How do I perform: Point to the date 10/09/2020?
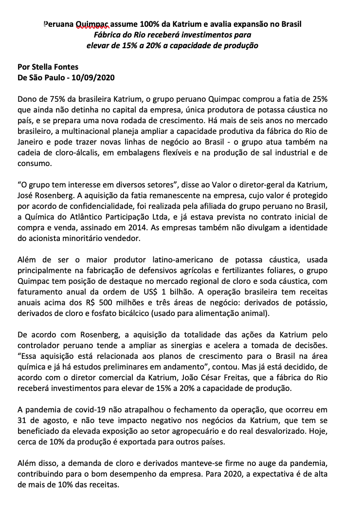coord(96,78)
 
